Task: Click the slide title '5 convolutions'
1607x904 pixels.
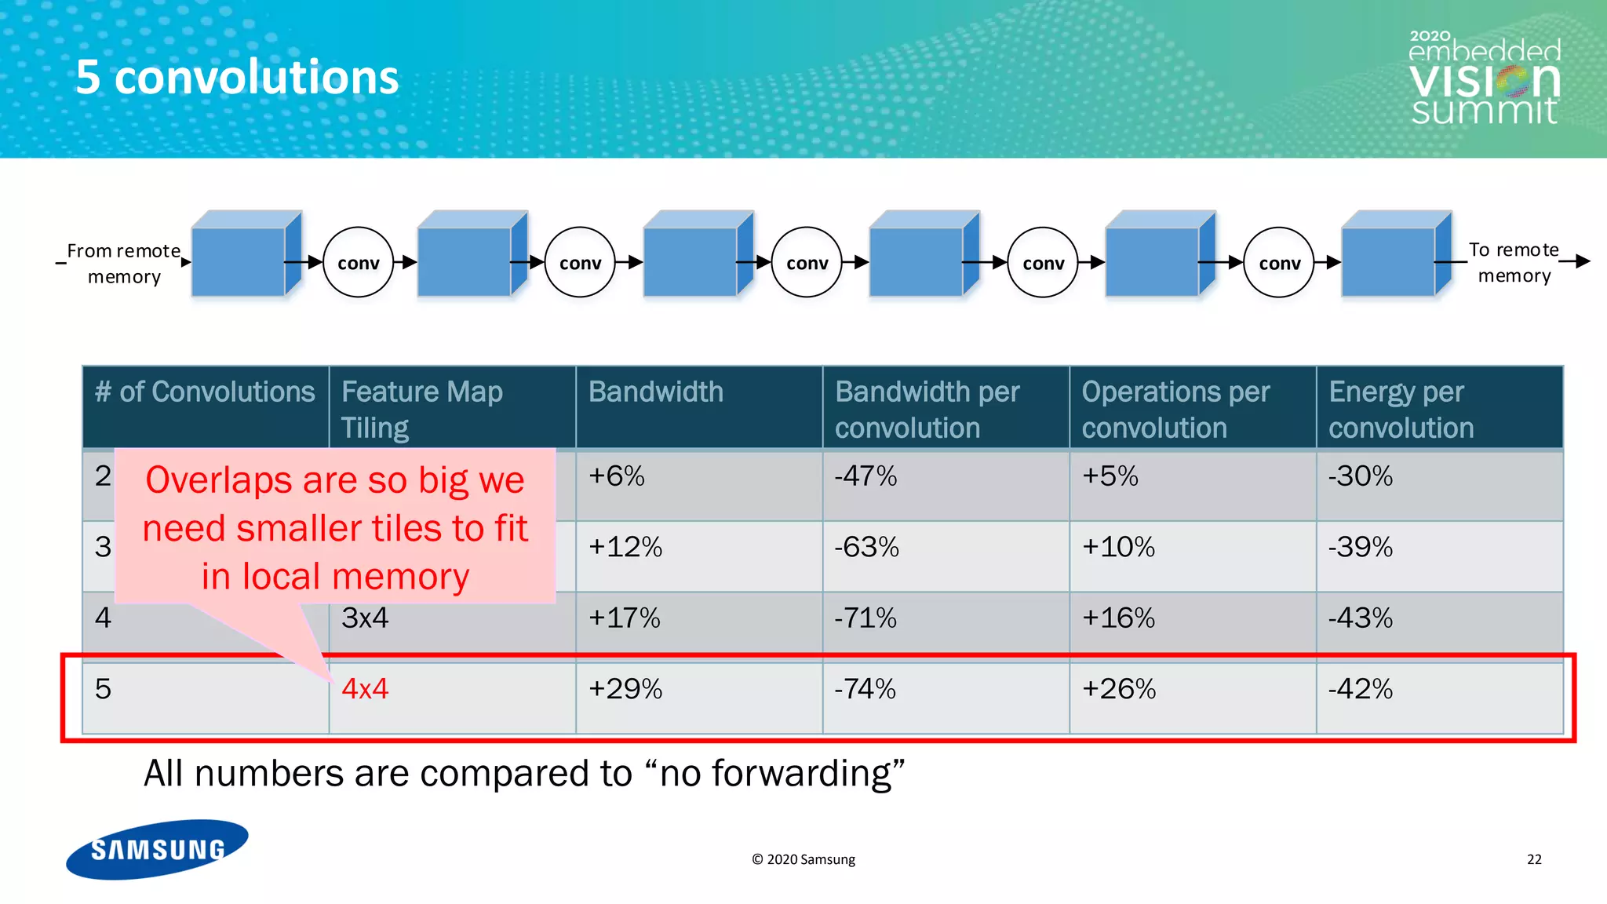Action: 237,78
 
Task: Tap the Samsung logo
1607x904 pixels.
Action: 157,849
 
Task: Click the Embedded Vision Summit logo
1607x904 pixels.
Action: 1485,79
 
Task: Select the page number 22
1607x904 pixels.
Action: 1534,859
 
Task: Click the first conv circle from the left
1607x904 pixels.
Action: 358,263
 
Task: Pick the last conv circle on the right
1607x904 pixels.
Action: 1279,263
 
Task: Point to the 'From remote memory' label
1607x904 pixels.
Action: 124,264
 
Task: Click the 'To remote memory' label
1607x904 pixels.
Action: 1514,263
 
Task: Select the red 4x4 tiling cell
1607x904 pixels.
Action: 365,689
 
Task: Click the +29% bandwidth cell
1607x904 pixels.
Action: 625,689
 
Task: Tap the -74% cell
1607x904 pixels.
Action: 865,689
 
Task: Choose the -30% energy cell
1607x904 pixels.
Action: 1360,476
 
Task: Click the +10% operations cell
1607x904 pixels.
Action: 1118,547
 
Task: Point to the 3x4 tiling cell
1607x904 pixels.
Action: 365,618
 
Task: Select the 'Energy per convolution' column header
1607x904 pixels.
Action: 1401,409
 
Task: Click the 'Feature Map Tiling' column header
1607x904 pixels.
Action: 422,409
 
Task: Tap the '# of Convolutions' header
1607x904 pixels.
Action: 205,392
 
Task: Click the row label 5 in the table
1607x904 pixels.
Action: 103,689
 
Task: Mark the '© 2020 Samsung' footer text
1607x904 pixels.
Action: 803,859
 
